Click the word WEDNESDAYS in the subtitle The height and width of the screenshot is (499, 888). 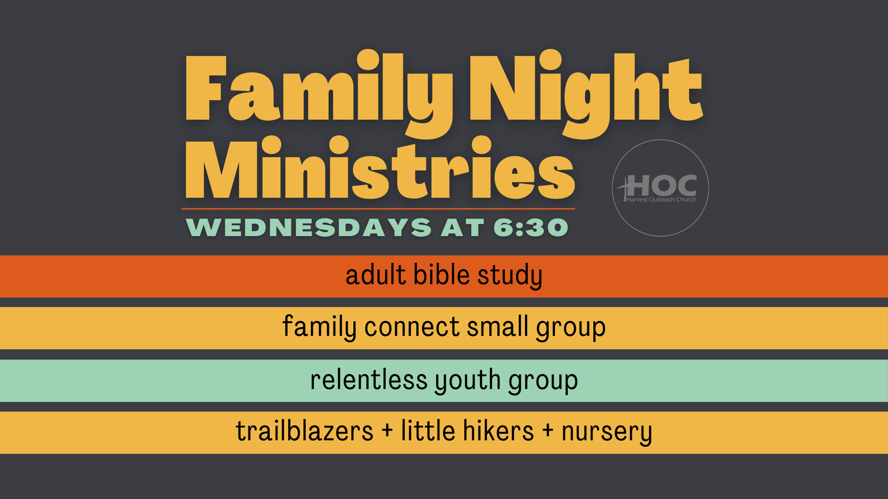[x=308, y=227]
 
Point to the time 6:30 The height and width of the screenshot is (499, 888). [x=531, y=227]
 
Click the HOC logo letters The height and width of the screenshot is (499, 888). [x=661, y=186]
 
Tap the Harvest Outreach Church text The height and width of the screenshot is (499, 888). [x=661, y=200]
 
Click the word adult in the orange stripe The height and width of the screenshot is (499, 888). [x=376, y=275]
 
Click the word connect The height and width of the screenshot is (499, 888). [x=412, y=327]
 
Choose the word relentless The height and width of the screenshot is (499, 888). [x=369, y=380]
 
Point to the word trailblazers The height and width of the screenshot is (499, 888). [x=304, y=431]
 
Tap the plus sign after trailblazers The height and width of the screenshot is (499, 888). [x=387, y=431]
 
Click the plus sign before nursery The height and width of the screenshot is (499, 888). [x=548, y=431]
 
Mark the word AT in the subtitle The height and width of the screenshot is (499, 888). [x=462, y=227]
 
